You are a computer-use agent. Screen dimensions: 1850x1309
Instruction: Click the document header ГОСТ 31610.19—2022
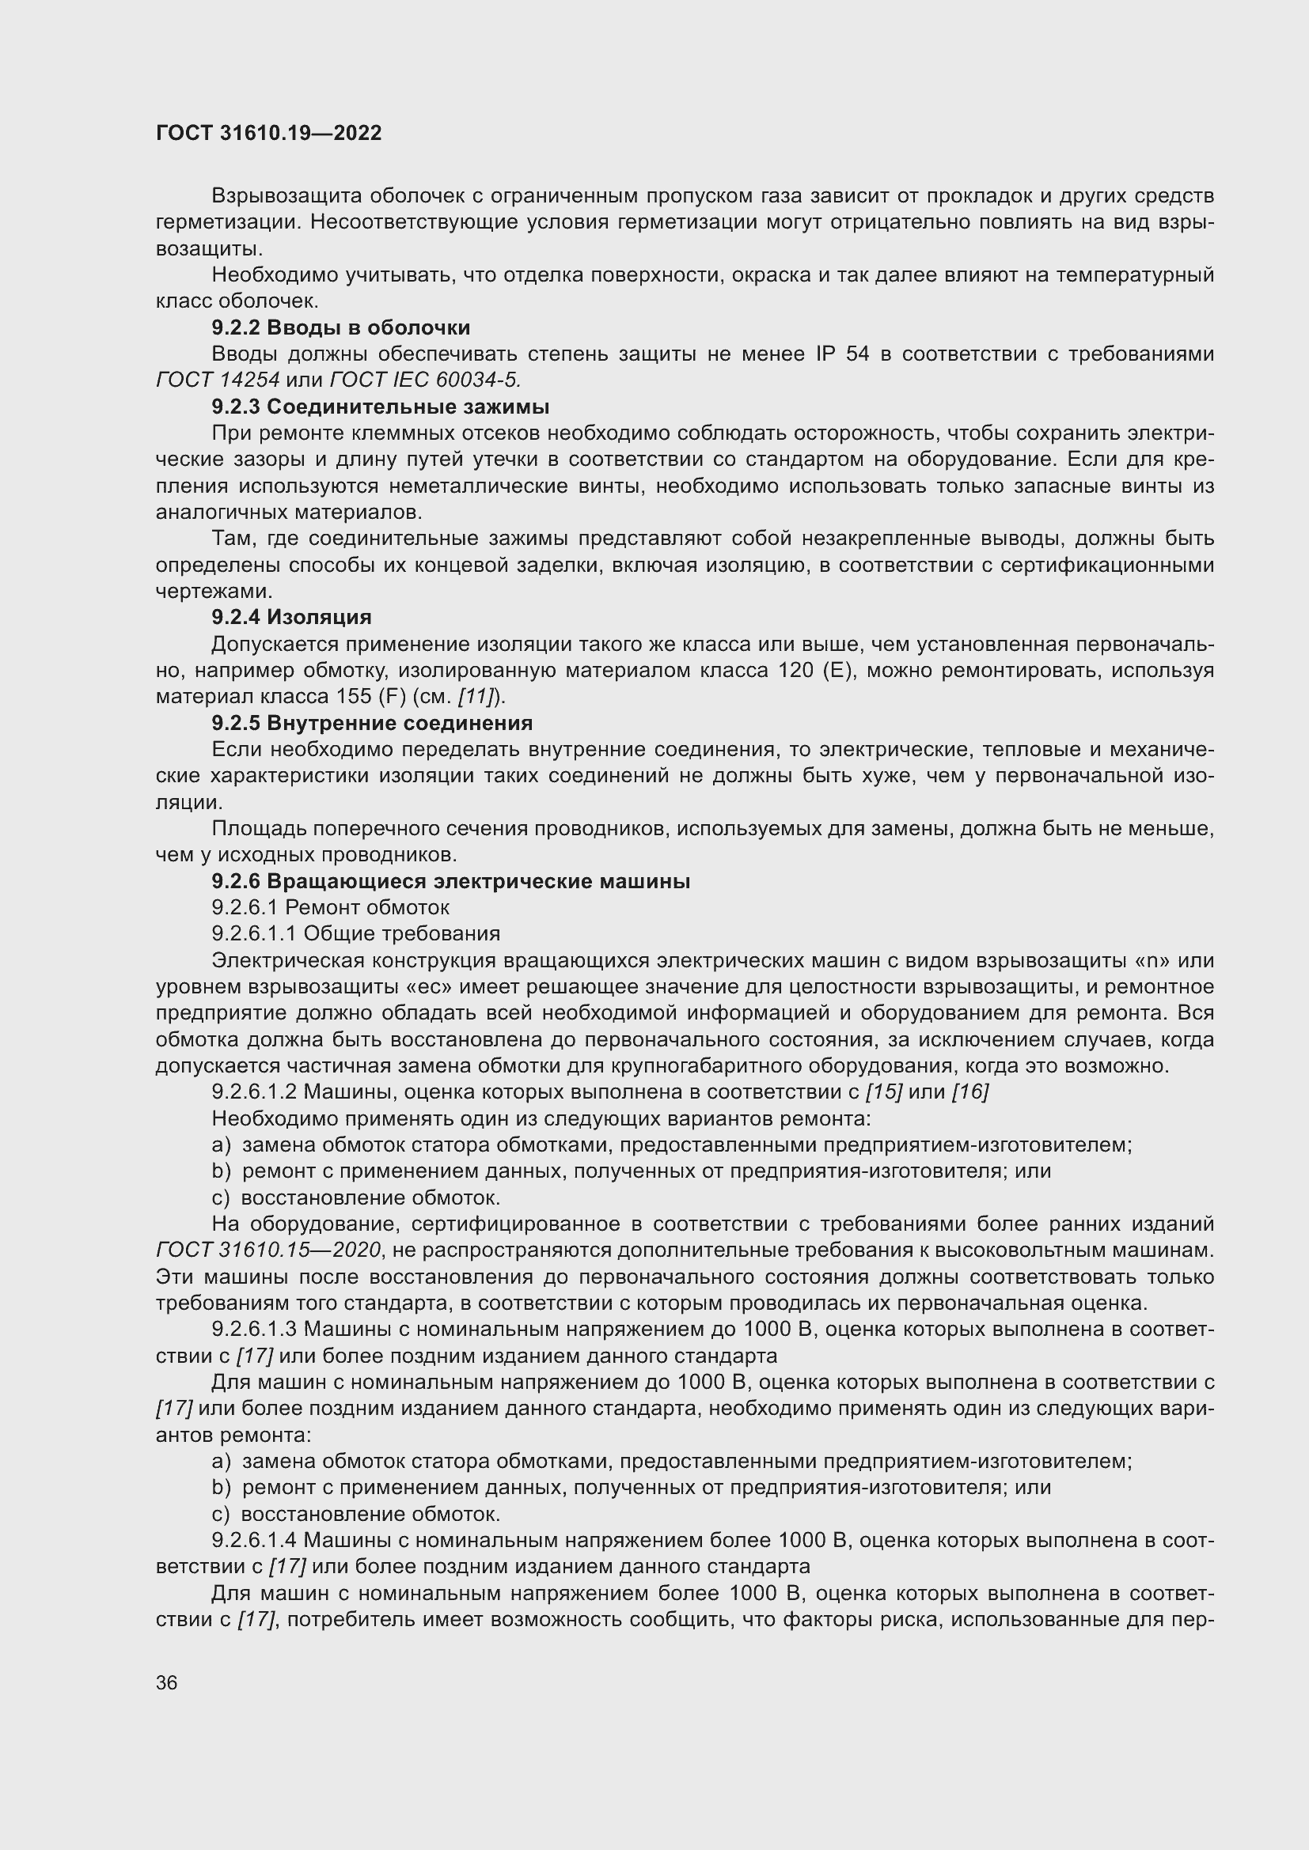(268, 133)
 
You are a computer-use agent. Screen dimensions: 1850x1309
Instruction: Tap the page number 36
(167, 1682)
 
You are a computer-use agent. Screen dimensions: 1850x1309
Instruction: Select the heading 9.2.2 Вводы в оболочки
(341, 328)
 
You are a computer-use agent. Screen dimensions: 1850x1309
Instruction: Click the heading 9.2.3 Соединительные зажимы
(381, 407)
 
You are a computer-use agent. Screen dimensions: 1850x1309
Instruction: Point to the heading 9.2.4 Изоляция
(291, 617)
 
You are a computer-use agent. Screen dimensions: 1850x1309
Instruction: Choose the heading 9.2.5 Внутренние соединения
(372, 723)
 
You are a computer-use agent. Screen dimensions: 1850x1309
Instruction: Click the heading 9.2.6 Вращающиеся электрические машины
(450, 881)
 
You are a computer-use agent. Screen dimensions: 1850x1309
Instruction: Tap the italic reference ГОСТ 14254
(218, 380)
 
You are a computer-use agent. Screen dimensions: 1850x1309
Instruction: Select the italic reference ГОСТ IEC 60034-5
(426, 380)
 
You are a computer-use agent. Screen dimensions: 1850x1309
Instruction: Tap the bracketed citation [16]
(969, 1091)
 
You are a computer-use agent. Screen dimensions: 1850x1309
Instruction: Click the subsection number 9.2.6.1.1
(254, 934)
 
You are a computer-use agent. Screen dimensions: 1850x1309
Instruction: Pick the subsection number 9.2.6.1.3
(254, 1329)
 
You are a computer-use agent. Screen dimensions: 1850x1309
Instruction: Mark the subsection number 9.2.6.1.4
(254, 1540)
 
